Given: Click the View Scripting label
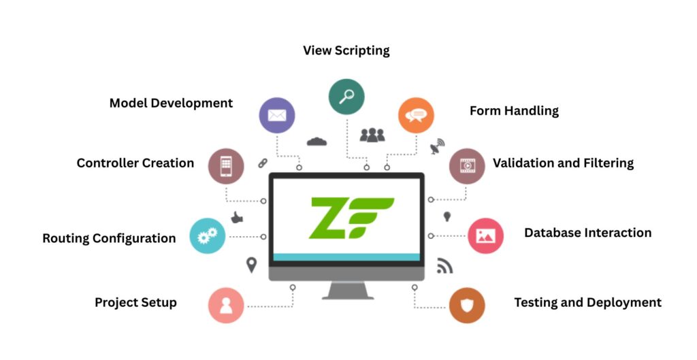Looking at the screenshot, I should coord(346,51).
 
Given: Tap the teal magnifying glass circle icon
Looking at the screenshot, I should coord(346,97).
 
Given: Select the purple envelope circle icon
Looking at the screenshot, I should coord(277,115).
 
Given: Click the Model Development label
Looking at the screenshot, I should coord(171,103).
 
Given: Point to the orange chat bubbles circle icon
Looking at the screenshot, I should coord(416,115).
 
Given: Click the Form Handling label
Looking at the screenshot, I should coord(514,111).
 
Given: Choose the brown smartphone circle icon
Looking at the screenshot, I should coord(226,166).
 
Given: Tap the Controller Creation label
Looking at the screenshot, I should coord(135,163).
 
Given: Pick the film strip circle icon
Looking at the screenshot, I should coord(467,166).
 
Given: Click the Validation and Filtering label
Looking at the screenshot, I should coord(563,163).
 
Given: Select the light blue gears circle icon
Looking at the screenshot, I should coord(207,236).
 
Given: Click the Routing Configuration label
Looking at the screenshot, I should coord(109,239).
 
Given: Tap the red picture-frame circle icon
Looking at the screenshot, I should coord(485,235).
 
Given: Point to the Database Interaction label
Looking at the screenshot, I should coord(587,233).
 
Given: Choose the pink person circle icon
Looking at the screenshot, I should coord(226,305).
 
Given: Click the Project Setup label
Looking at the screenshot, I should coord(135,303).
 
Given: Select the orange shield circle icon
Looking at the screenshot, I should coord(467,305).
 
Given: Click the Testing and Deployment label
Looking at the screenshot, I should coord(587,303).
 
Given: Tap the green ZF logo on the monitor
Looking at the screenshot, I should coord(351,217).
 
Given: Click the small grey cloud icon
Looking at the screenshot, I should coord(317,142).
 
